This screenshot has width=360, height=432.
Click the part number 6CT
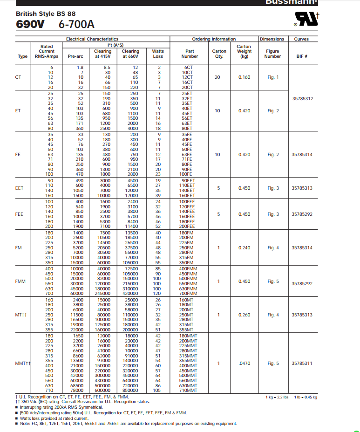point(189,67)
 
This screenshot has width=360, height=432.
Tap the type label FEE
point(19,214)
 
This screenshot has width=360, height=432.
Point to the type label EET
point(19,188)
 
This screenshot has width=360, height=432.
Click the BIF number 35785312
point(302,99)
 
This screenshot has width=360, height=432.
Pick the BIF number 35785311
point(302,363)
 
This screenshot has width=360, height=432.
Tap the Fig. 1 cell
point(273,77)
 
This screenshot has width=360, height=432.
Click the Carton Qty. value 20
point(217,77)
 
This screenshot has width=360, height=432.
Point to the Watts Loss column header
point(158,54)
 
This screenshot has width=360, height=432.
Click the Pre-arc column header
point(75,56)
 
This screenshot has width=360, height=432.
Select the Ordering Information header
point(214,39)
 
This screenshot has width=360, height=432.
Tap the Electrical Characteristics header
point(92,39)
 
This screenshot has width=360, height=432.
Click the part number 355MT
point(188,330)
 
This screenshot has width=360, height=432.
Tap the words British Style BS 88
point(46,14)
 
